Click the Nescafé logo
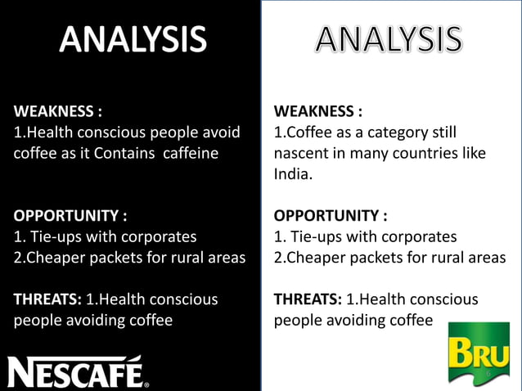click(x=79, y=372)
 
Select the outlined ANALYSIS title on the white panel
click(x=389, y=40)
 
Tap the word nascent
click(x=301, y=153)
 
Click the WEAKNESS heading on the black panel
click(x=57, y=111)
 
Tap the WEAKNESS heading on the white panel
click(x=317, y=111)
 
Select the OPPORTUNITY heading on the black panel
click(x=70, y=216)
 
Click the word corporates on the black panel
click(x=156, y=237)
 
